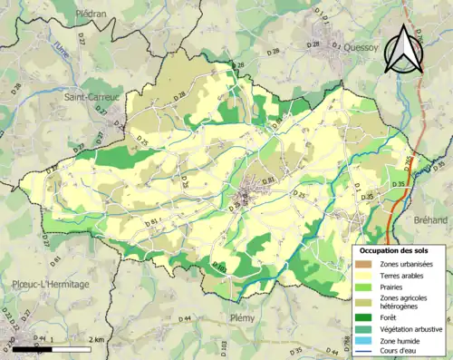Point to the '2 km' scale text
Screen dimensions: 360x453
(x=97, y=338)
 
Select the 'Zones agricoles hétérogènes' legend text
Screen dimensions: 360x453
(x=409, y=302)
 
